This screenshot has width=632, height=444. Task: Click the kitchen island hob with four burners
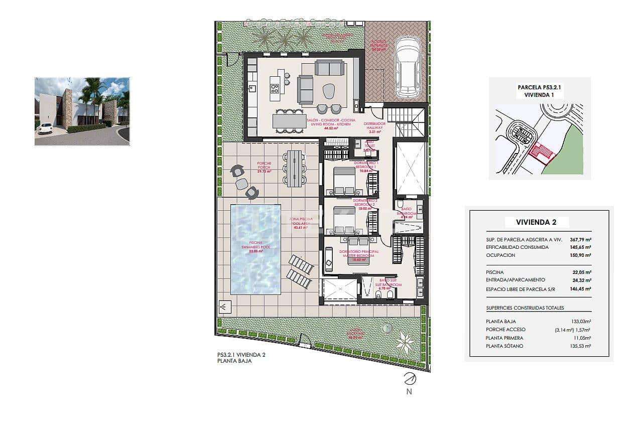point(275,89)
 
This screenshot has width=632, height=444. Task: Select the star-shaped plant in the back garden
point(405,342)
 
